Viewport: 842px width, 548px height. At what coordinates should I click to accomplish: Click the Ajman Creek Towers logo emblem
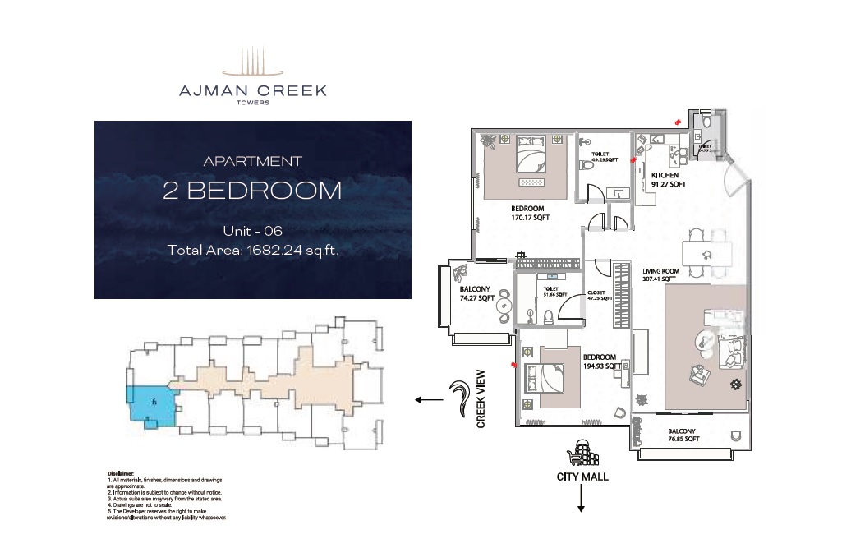(253, 63)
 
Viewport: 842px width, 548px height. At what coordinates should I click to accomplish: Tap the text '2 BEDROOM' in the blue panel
(252, 191)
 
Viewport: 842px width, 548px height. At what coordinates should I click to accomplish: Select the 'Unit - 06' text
(252, 232)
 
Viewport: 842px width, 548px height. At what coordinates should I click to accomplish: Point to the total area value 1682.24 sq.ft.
(292, 251)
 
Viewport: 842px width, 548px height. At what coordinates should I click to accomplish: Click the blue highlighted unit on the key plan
(150, 404)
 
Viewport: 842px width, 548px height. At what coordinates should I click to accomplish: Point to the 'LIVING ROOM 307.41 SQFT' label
(661, 274)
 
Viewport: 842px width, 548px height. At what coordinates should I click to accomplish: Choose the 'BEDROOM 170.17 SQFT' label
(530, 214)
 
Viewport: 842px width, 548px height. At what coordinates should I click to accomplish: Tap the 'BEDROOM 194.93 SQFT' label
(600, 361)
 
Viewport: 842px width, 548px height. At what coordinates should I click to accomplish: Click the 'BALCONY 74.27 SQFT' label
(476, 294)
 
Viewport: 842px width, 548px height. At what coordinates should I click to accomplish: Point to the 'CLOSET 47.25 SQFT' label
(600, 296)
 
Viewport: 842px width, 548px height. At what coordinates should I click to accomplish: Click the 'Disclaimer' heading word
(121, 474)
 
